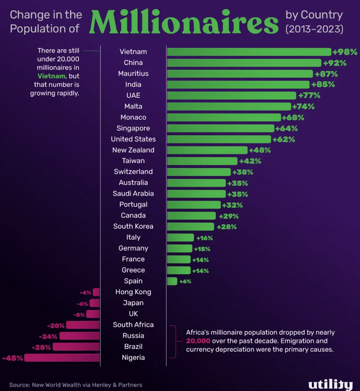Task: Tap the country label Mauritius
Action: pos(133,74)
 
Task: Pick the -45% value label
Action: pos(12,358)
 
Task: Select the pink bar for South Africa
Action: pos(83,325)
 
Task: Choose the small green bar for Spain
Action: pos(172,281)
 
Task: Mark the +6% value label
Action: pos(185,282)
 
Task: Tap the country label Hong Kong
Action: pos(133,292)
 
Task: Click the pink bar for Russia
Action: pos(79,336)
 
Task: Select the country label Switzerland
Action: pos(133,172)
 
